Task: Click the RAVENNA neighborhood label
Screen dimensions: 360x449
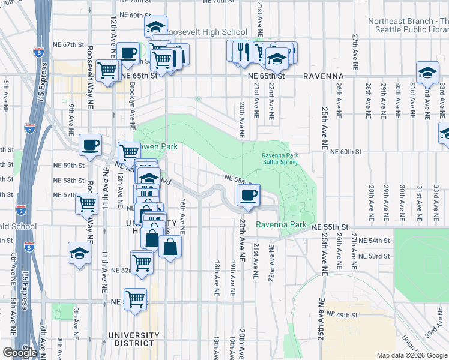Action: [x=323, y=77]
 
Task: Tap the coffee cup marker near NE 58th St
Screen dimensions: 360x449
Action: [x=248, y=196]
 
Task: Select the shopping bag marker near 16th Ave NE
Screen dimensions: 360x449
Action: [x=170, y=247]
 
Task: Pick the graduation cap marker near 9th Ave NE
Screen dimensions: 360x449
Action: [x=79, y=253]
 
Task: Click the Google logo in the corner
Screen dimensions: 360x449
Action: [x=20, y=353]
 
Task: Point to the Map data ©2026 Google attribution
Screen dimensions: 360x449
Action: [x=412, y=355]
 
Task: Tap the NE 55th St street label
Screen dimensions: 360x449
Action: [x=330, y=227]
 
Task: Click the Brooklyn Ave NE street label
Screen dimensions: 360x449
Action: [x=132, y=100]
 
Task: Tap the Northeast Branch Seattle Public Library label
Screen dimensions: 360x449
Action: [x=408, y=25]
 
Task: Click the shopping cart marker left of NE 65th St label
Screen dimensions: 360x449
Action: [x=107, y=71]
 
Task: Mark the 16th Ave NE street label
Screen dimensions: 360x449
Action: [x=182, y=216]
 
